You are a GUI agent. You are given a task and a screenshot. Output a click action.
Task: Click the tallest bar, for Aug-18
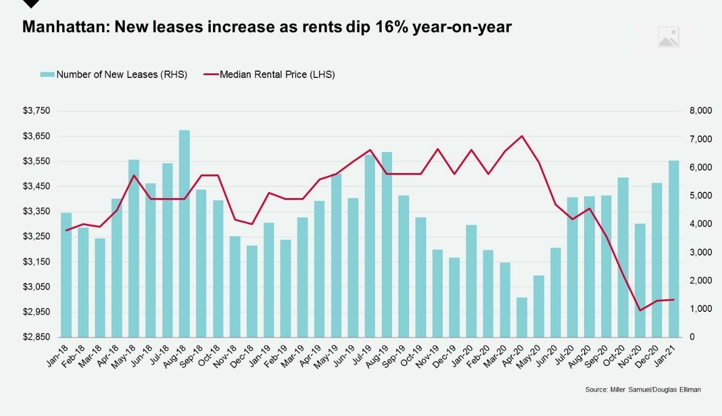pos(184,233)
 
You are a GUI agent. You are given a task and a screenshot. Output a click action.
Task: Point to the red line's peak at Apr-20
pos(522,136)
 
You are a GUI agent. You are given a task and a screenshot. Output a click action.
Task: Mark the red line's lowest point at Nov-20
pos(640,310)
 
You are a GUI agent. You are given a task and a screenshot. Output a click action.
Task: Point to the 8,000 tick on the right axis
pos(700,111)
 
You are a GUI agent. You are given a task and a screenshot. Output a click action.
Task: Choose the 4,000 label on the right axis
pos(700,224)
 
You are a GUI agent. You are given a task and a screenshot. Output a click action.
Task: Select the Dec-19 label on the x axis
pos(451,356)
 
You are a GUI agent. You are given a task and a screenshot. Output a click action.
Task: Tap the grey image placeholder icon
pos(668,37)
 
